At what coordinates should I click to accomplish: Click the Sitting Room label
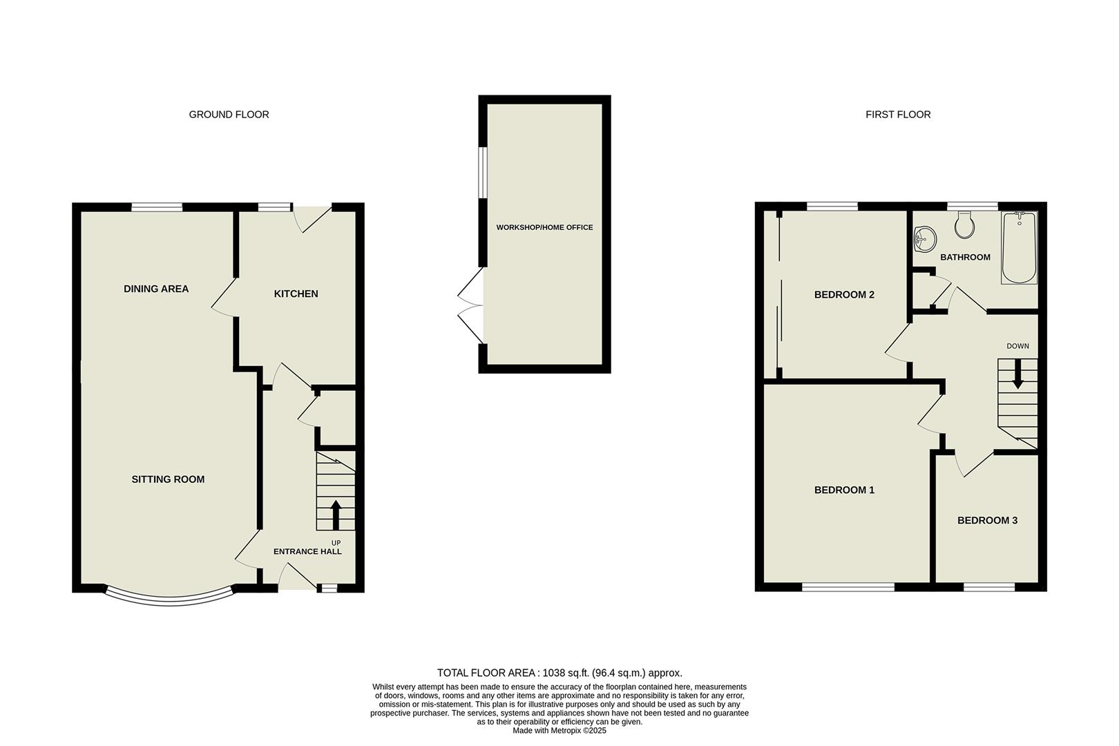(x=168, y=479)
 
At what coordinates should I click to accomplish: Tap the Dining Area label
(x=156, y=289)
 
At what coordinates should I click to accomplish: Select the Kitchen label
(x=296, y=294)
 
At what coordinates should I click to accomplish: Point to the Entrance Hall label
(x=307, y=551)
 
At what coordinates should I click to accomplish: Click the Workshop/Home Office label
(x=544, y=227)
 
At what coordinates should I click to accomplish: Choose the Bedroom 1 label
(x=844, y=490)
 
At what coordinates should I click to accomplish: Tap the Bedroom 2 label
(x=844, y=294)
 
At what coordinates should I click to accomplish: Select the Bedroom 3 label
(x=987, y=520)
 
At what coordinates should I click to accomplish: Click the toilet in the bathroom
(x=964, y=224)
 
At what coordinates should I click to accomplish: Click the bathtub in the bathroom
(x=1020, y=248)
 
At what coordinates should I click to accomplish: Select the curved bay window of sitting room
(x=169, y=599)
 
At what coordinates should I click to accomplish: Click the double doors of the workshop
(x=471, y=305)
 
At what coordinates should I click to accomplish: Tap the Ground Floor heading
(x=229, y=115)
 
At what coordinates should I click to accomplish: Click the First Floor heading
(x=897, y=115)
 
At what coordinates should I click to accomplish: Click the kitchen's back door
(x=312, y=218)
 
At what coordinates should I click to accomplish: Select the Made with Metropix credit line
(x=559, y=730)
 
